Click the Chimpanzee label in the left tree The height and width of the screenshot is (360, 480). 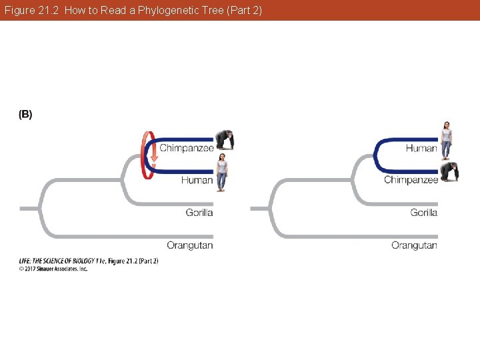pyautogui.click(x=186, y=147)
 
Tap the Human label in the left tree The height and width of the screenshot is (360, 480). pyautogui.click(x=197, y=180)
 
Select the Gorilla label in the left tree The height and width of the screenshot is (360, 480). pyautogui.click(x=199, y=213)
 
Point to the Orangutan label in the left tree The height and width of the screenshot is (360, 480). pyautogui.click(x=190, y=245)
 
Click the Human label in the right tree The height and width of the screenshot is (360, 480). pyautogui.click(x=421, y=148)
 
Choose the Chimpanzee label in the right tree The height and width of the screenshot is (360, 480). pyautogui.click(x=411, y=180)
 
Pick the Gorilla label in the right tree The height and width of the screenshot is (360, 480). pyautogui.click(x=424, y=213)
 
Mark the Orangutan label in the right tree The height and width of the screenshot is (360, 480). pyautogui.click(x=415, y=245)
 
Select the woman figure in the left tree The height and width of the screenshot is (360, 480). pyautogui.click(x=221, y=172)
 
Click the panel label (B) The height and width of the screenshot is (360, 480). pyautogui.click(x=25, y=115)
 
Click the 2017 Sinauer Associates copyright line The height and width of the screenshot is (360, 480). pyautogui.click(x=53, y=269)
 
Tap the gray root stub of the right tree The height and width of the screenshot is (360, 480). pyautogui.click(x=259, y=209)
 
